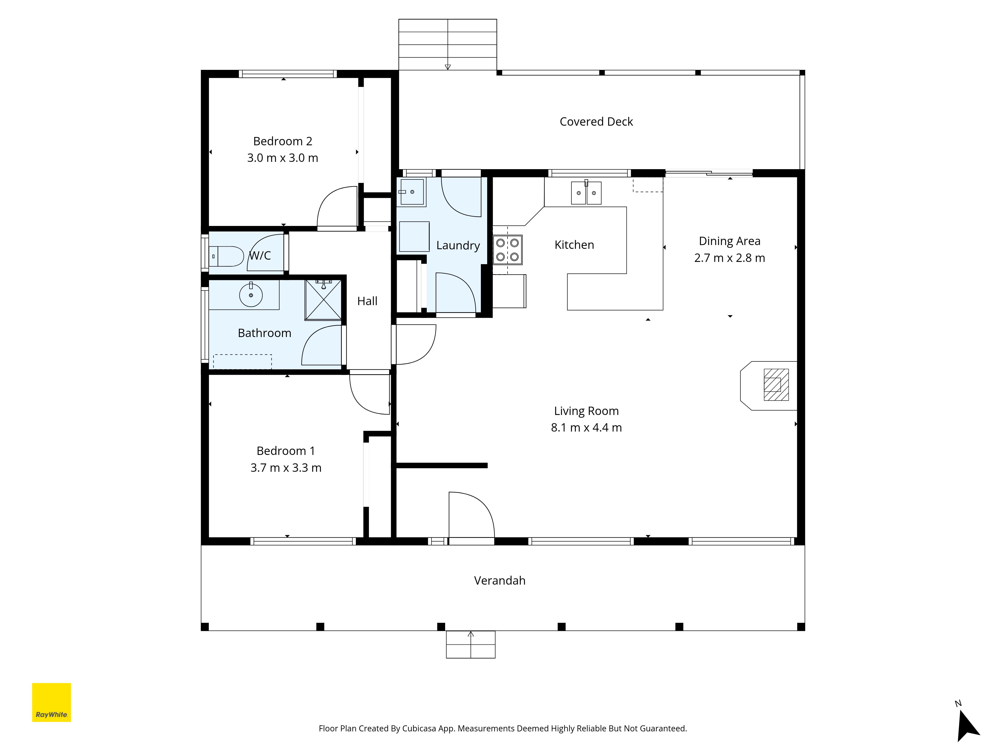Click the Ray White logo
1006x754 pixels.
click(51, 702)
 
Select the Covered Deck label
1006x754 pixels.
click(596, 122)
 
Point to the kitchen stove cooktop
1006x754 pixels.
click(508, 250)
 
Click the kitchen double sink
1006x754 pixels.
click(586, 192)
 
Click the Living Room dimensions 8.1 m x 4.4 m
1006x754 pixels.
click(586, 428)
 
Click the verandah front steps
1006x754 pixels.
click(471, 644)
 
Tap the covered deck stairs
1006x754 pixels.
click(447, 44)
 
